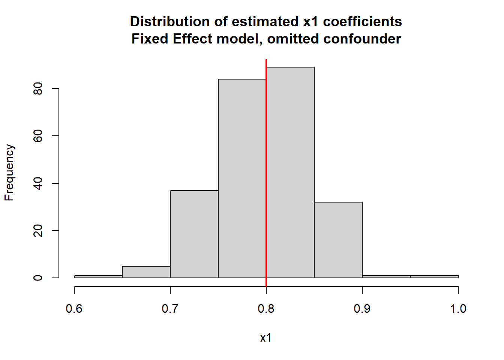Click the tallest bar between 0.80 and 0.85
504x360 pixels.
click(x=290, y=172)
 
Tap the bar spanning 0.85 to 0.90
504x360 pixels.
click(x=338, y=240)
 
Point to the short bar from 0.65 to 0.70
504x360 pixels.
click(x=146, y=272)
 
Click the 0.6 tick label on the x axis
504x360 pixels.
click(x=74, y=309)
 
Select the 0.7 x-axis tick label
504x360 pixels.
click(x=170, y=309)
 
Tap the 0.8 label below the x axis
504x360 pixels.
click(x=266, y=309)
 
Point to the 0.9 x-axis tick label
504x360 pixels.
click(x=362, y=309)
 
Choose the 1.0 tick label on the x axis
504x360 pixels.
click(x=458, y=309)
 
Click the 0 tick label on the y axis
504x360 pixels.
click(x=38, y=278)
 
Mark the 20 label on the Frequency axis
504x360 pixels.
click(x=38, y=231)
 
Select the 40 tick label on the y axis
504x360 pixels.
click(x=38, y=183)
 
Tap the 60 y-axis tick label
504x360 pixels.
click(x=38, y=136)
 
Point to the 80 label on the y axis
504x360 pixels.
click(x=38, y=88)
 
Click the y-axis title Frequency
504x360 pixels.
click(x=9, y=172)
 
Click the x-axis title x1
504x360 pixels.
click(x=266, y=338)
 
